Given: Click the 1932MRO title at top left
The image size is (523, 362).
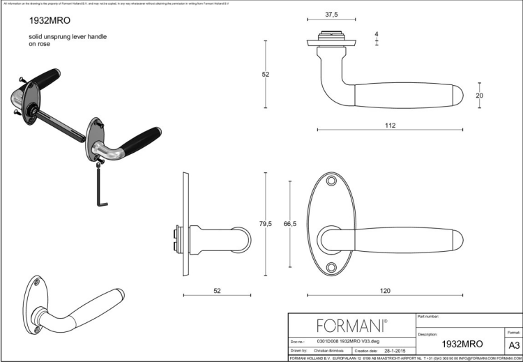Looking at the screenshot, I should (45, 21).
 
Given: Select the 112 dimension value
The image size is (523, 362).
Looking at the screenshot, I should (390, 126).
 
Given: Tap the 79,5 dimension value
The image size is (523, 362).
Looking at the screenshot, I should (265, 223).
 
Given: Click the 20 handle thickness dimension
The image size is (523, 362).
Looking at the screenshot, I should (479, 96).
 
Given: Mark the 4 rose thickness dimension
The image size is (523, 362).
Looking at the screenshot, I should (377, 33).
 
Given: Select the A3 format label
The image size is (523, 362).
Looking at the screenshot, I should (513, 345).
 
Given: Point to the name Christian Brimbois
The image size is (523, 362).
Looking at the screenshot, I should (328, 351).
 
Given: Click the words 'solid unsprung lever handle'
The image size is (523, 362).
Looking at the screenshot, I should (68, 36).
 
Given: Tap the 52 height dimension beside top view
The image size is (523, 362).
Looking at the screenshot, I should (266, 75).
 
